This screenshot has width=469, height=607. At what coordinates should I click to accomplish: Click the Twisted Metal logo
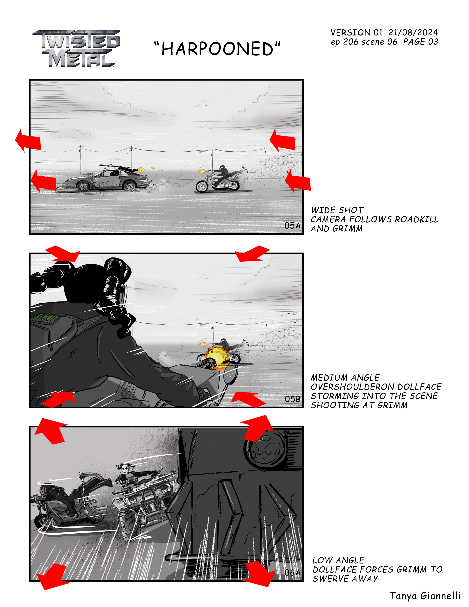point(76,49)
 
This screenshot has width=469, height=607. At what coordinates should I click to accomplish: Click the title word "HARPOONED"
point(217,49)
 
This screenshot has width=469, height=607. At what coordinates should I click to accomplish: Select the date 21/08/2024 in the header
point(413,33)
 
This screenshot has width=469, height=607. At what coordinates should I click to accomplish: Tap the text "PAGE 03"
point(421,42)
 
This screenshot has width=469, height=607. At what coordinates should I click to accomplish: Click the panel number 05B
point(293,399)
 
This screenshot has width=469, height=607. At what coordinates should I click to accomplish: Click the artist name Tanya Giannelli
point(425,596)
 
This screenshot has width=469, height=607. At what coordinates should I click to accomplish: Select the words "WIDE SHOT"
point(337,210)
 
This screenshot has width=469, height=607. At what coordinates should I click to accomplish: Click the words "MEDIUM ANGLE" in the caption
point(345,378)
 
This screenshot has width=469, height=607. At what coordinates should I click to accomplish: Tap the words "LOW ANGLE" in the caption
point(338,560)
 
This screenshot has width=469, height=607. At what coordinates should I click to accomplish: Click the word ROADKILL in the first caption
point(416,219)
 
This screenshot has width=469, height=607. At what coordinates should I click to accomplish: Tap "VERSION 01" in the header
point(356,33)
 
